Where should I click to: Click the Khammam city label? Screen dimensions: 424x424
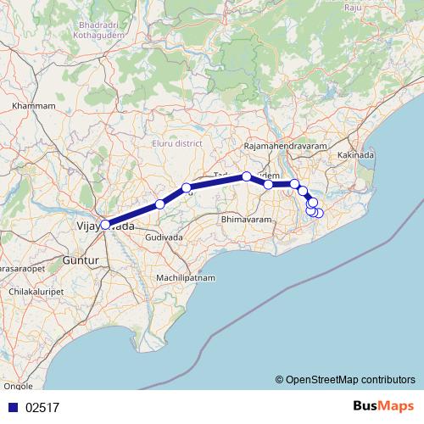point(35,106)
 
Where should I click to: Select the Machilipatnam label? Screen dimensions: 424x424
point(187,278)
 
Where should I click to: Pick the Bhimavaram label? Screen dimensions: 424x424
point(244,220)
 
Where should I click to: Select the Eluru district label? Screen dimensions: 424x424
point(176,143)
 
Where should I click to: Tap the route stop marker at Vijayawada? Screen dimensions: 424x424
point(105,225)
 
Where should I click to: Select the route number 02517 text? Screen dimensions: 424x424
point(42,407)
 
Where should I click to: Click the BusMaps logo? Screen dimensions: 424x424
point(383,406)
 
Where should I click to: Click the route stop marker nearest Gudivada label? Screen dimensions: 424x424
point(160,204)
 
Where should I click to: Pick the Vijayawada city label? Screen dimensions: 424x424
point(105,226)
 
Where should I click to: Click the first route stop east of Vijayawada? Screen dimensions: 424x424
point(160,204)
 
